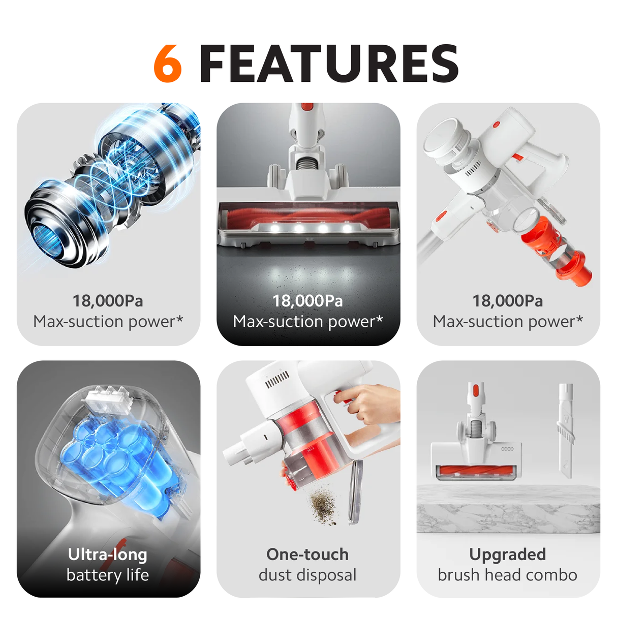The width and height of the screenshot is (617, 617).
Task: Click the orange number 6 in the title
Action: pos(168,64)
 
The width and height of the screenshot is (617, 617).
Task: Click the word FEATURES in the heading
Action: pos(329,64)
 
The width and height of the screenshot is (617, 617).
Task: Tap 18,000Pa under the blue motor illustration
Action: pos(108,301)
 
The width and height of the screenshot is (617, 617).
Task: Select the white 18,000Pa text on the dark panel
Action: pos(307,301)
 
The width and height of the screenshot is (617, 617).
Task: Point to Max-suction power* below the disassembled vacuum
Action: pos(508,322)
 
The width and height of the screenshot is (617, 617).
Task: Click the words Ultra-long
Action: pos(108,554)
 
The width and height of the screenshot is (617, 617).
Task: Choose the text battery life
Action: pos(108,575)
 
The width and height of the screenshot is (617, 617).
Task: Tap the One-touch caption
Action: pos(307,554)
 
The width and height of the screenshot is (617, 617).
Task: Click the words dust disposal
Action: pos(307,575)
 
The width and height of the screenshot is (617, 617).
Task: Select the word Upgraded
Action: pos(508,554)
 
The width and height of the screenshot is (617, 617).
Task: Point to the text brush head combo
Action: pos(508,575)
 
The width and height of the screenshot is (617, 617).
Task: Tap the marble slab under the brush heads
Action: pos(508,508)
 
